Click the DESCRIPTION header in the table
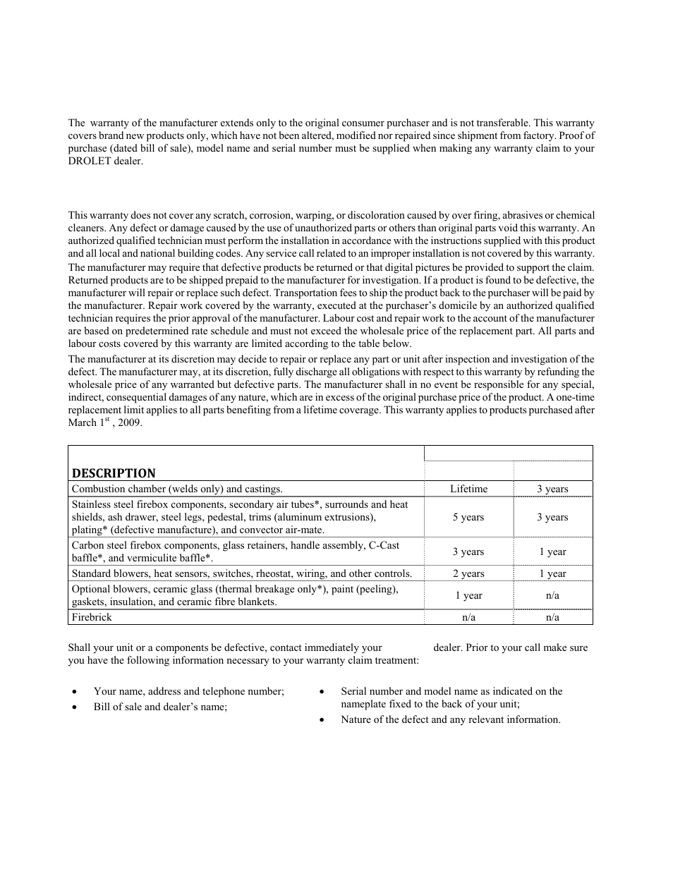[x=114, y=473]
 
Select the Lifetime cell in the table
[x=468, y=489]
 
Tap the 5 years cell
[x=468, y=517]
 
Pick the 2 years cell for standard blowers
[x=468, y=573]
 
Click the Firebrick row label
[x=92, y=617]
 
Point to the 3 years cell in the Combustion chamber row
[x=552, y=489]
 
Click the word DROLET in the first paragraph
[x=88, y=161]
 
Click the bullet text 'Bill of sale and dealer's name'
[x=160, y=707]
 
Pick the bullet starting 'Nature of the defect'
[x=450, y=719]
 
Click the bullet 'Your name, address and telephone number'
[x=188, y=691]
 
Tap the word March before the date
[x=82, y=423]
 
